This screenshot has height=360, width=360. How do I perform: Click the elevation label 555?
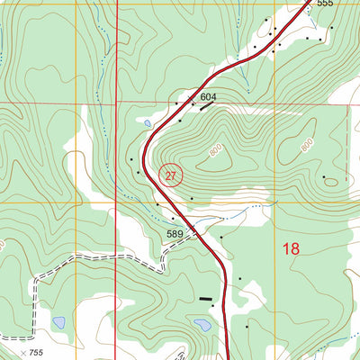[x=325, y=4]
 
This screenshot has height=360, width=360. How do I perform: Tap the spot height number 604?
[x=209, y=96]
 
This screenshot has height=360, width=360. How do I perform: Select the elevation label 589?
[x=175, y=234]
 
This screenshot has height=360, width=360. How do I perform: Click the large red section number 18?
[x=290, y=248]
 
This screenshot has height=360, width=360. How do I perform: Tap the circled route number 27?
[x=171, y=175]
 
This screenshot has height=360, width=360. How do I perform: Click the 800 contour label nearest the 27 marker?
[x=216, y=152]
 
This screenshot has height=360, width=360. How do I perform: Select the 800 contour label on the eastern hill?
[x=307, y=144]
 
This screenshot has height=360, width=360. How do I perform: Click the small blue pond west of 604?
[x=146, y=123]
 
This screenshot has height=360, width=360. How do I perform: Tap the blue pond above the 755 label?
[x=58, y=321]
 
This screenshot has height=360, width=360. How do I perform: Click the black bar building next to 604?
[x=207, y=106]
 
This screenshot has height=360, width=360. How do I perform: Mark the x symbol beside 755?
[x=22, y=353]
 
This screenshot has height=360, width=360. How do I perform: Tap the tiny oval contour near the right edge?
[x=332, y=180]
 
